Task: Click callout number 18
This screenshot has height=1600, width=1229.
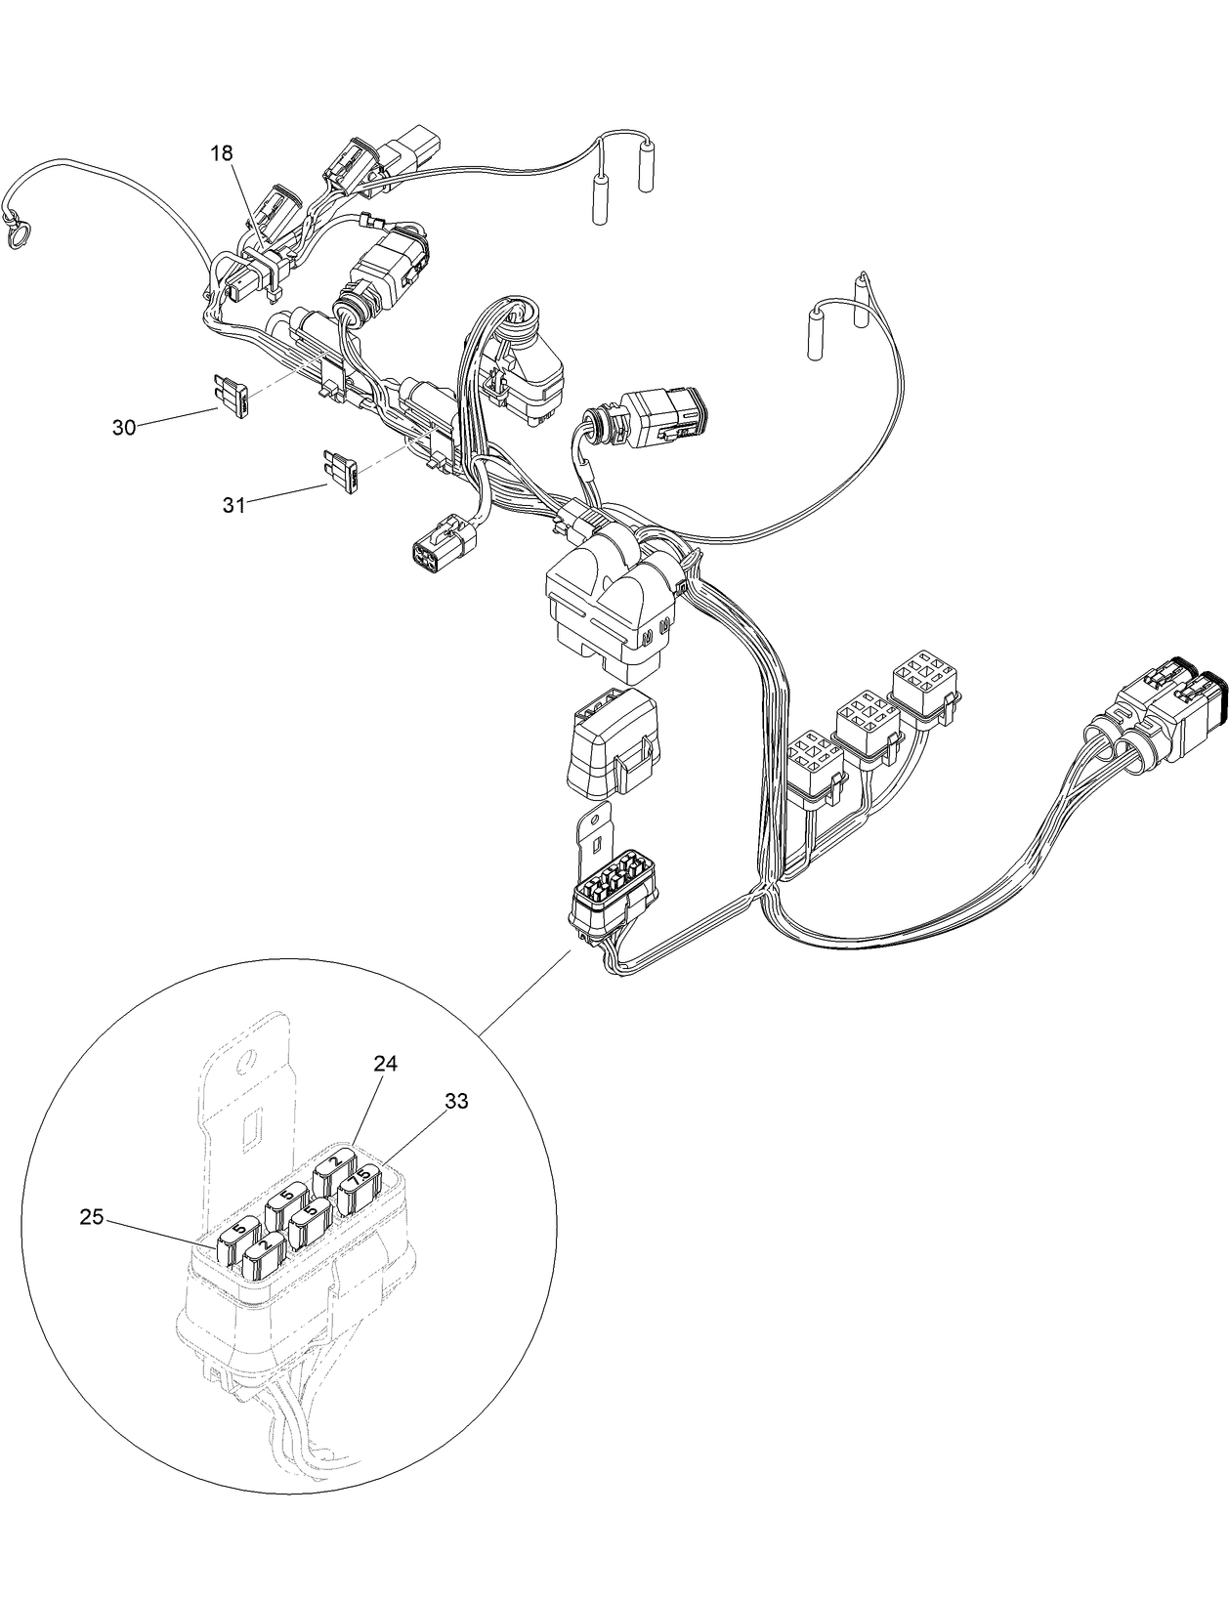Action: coord(222,152)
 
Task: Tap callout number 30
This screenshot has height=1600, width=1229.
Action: coord(124,428)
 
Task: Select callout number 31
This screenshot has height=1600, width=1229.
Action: coord(233,504)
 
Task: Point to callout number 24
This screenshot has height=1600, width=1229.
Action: coord(385,1064)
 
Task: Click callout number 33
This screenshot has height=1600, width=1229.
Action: coord(456,1101)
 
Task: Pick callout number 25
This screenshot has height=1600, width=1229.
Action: coord(93,1217)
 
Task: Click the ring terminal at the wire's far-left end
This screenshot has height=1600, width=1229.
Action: coord(17,235)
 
